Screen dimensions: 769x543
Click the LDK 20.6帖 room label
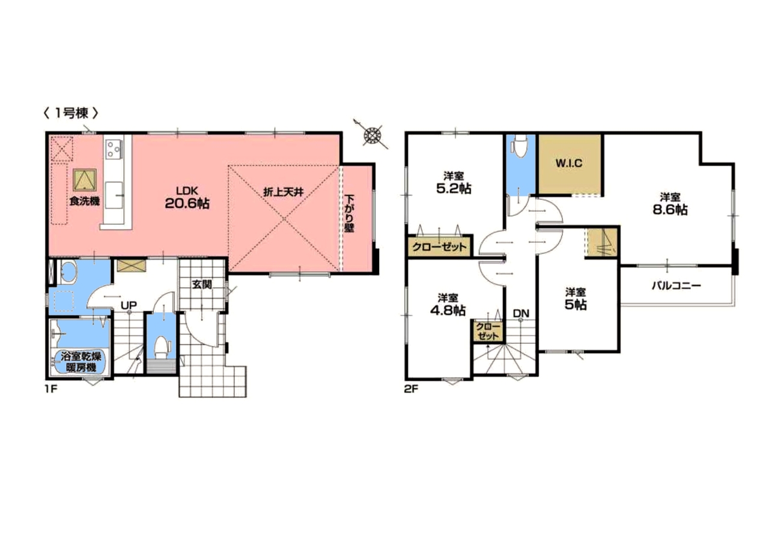187,198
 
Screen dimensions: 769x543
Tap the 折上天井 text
284,192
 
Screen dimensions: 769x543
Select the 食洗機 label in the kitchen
85,201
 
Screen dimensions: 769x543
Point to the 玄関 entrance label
202,284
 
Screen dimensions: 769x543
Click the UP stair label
129,305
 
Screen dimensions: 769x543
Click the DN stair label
521,313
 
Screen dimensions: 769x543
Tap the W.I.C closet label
569,163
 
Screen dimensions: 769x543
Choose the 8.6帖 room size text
670,210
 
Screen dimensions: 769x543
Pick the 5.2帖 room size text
454,188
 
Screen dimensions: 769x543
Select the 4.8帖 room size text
448,310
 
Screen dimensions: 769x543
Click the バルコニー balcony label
676,286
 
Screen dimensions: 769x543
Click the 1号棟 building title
71,113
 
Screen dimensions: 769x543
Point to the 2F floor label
411,390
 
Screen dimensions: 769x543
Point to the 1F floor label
51,390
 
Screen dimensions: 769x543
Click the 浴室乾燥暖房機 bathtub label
81,361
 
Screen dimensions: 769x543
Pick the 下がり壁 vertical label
350,213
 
